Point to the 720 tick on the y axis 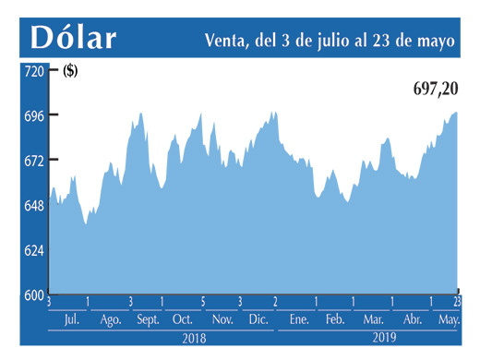coord(33,71)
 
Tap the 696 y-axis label coord(33,115)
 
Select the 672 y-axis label coord(33,161)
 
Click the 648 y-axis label coord(33,205)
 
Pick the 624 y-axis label coord(33,250)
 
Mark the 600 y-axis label coord(33,294)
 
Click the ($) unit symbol coord(70,71)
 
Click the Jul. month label coord(70,319)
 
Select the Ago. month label coord(110,319)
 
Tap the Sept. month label coord(148,319)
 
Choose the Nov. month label coord(222,319)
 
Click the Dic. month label coord(258,319)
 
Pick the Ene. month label coord(298,319)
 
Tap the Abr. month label coord(412,319)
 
